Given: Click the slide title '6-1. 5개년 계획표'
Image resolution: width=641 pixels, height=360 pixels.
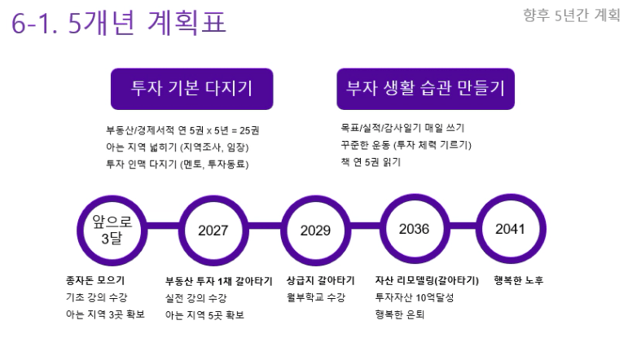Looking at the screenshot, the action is [x=119, y=23].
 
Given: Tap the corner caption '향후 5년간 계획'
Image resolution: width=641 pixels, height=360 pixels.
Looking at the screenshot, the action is [x=572, y=15].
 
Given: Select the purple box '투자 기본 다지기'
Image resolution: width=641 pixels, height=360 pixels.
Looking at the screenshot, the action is [x=191, y=89].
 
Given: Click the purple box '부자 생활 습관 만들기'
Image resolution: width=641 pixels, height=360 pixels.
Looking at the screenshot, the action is [x=425, y=89].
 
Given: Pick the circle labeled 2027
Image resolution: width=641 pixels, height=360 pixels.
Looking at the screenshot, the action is [x=213, y=230].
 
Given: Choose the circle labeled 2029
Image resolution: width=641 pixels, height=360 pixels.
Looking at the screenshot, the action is [x=315, y=230].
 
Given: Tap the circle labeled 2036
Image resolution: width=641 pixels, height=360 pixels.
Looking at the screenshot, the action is [x=415, y=229].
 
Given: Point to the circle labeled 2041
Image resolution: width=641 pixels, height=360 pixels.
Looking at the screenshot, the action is [x=511, y=229].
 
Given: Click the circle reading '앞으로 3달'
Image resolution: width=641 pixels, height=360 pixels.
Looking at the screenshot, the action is [x=112, y=230].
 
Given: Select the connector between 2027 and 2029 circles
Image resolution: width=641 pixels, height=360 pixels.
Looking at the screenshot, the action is [x=265, y=226].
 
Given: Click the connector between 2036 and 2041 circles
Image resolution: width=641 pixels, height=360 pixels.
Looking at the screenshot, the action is [x=463, y=226].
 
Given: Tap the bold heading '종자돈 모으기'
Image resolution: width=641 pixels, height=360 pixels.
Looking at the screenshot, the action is [x=95, y=280].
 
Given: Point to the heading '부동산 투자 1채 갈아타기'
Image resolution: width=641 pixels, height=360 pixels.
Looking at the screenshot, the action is [x=219, y=281].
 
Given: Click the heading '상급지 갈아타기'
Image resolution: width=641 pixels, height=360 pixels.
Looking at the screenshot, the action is [x=321, y=280].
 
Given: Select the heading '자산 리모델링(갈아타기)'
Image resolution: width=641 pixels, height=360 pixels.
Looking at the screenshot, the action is [x=427, y=280].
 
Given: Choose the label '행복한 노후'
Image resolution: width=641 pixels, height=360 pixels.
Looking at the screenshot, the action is [x=519, y=280].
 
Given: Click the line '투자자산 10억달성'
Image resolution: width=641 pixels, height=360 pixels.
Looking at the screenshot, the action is [x=415, y=297].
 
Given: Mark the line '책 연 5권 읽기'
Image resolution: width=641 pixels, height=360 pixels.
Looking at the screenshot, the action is [x=371, y=162].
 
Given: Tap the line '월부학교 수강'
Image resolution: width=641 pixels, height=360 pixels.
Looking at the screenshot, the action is [x=316, y=297].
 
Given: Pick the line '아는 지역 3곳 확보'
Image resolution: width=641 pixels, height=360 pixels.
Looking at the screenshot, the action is [x=105, y=314].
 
